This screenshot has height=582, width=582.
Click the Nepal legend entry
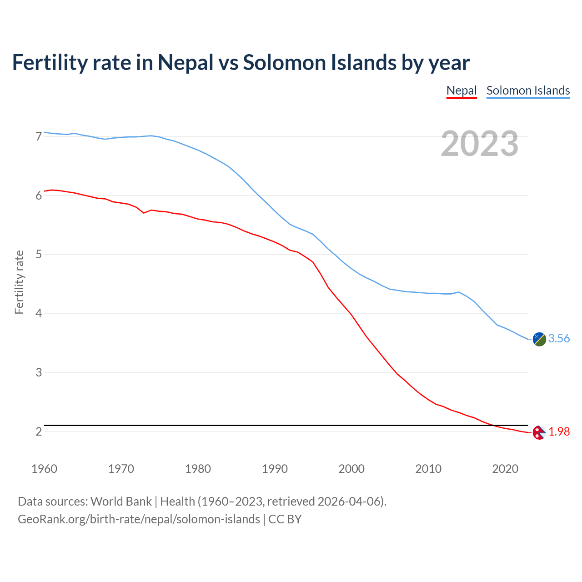click(x=462, y=90)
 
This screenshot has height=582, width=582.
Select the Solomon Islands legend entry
click(x=528, y=90)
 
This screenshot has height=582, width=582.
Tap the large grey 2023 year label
click(x=480, y=144)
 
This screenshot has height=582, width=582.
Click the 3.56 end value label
click(x=559, y=338)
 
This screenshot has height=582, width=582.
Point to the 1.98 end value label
click(x=559, y=431)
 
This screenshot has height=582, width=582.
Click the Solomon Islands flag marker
click(x=539, y=339)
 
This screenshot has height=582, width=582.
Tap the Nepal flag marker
click(x=539, y=432)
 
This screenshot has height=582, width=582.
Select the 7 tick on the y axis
click(x=39, y=136)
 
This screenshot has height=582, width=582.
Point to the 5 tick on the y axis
click(x=39, y=255)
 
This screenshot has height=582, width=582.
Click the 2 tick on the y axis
click(x=39, y=431)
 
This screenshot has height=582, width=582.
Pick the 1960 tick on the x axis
click(x=44, y=469)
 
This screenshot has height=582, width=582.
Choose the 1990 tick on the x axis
click(x=275, y=469)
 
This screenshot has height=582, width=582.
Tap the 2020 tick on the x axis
click(x=505, y=469)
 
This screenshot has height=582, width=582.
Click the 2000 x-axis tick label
click(x=351, y=469)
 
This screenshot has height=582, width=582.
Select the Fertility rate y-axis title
click(x=19, y=282)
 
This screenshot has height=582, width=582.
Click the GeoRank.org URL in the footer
click(x=139, y=519)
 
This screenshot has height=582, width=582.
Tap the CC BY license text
click(x=285, y=519)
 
